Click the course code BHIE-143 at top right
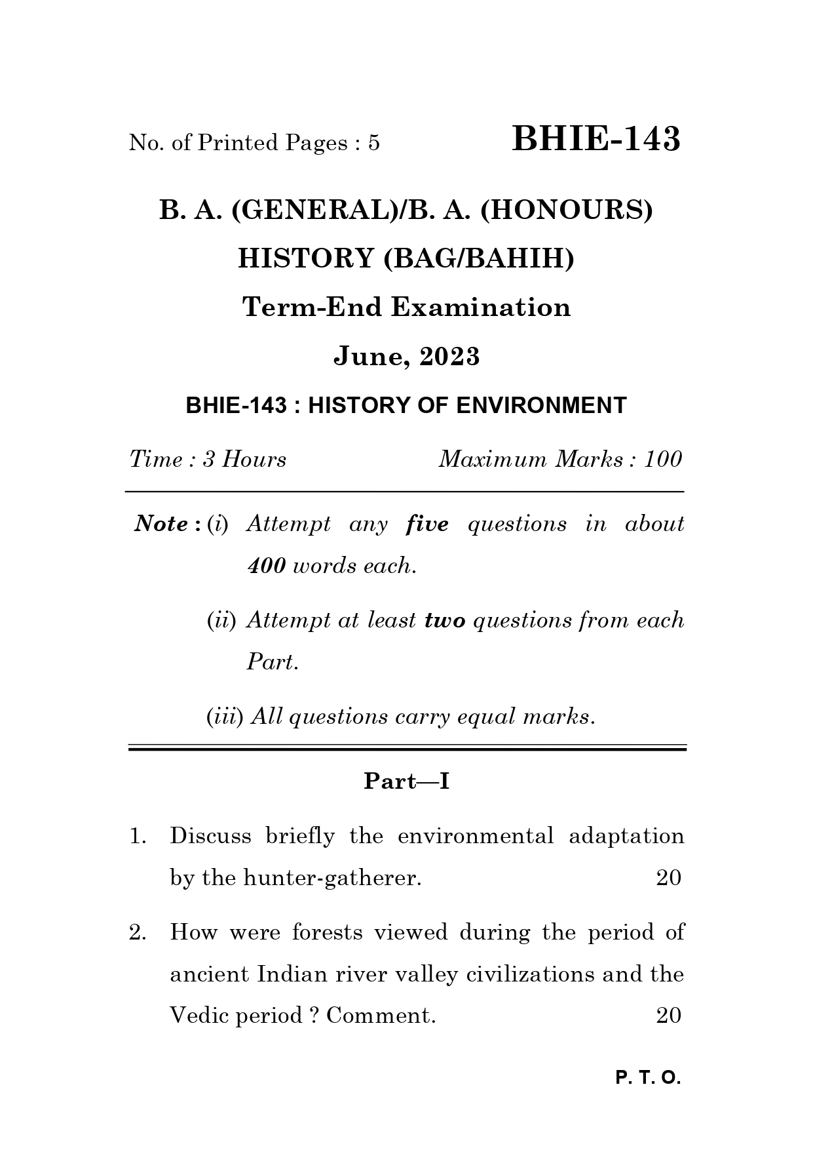pos(596,140)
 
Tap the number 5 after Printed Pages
pos(373,143)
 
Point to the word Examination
pos(481,307)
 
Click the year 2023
pos(449,357)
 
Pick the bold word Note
pos(161,525)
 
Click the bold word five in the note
pos(427,525)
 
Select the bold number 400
pos(266,566)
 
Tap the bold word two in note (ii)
pos(444,620)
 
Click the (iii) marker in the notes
pos(225,717)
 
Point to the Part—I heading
pos(406,782)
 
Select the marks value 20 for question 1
pos(668,878)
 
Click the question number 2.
pos(136,933)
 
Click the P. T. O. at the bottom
pos(648,1078)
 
